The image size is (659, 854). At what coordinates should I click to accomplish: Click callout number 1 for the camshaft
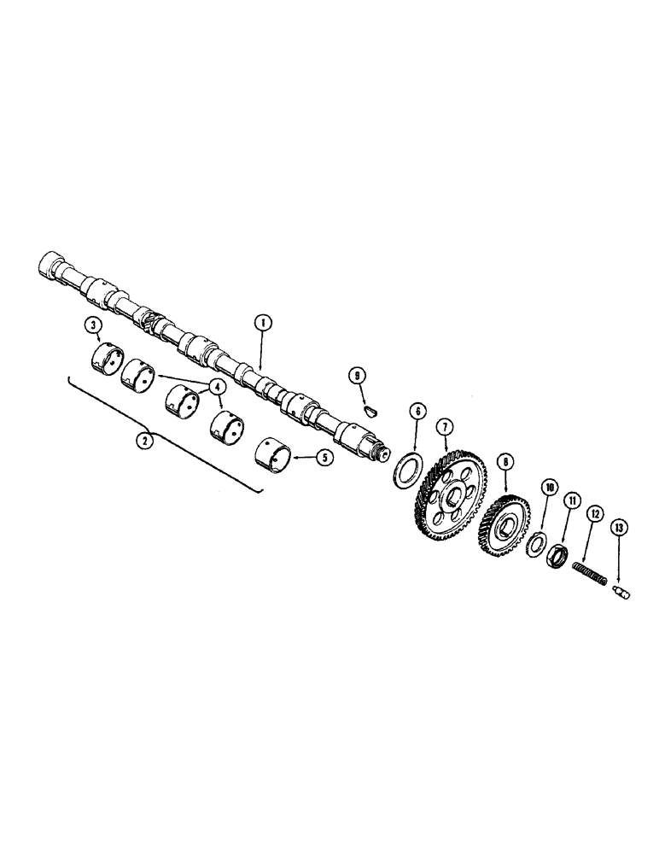click(x=263, y=323)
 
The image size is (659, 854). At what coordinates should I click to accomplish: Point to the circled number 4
click(x=219, y=386)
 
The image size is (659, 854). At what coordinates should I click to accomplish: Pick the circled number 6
click(x=416, y=411)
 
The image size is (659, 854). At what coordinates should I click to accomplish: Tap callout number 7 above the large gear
click(x=444, y=426)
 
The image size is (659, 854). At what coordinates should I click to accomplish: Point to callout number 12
click(x=594, y=514)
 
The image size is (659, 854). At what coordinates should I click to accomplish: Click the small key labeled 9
click(x=369, y=409)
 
